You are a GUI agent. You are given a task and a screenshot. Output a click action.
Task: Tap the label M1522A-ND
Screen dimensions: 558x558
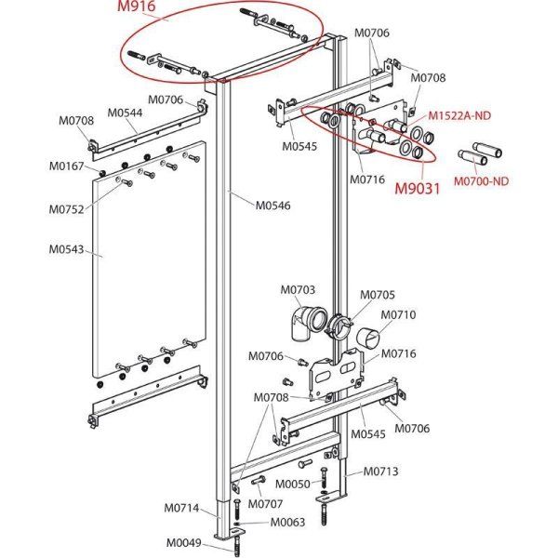tap(461, 114)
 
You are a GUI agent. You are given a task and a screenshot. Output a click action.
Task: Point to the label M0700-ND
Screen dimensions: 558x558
tap(488, 180)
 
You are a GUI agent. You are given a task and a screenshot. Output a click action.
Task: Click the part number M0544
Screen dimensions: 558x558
tap(125, 113)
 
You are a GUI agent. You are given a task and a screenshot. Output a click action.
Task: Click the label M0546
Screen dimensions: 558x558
tap(273, 206)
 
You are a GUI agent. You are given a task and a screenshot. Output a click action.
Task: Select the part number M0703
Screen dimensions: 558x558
tap(298, 290)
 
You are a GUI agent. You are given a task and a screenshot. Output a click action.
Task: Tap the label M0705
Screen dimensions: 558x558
tap(378, 295)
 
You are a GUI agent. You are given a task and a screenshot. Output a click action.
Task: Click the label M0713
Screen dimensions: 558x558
tap(380, 472)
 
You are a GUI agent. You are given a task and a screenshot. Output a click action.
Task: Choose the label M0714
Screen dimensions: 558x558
tap(182, 508)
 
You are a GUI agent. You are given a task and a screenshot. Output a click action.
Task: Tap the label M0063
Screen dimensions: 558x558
tap(288, 523)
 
